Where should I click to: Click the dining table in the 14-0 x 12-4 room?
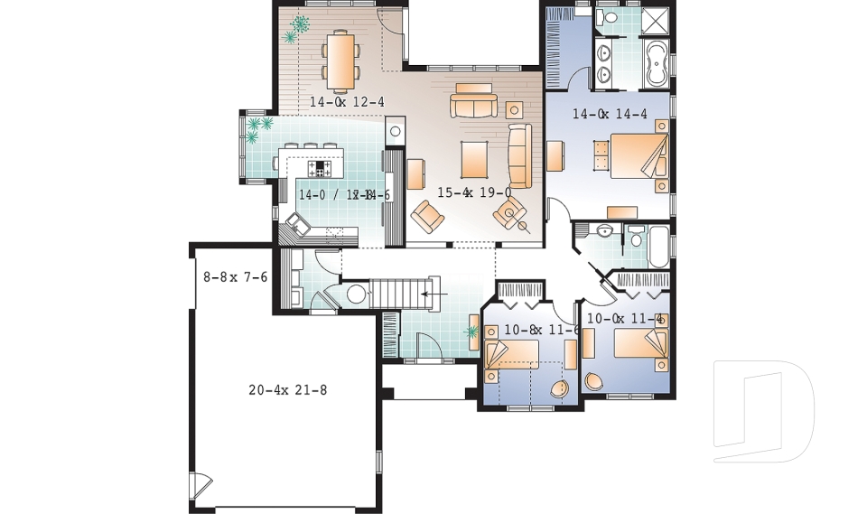[x=340, y=60]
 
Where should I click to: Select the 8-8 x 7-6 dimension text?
[x=235, y=277]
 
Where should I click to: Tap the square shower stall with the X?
[x=656, y=22]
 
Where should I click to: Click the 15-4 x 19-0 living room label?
[x=474, y=192]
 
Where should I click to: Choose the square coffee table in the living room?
[x=474, y=160]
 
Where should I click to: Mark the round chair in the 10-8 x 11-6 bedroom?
[x=560, y=388]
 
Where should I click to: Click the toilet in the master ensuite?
[x=606, y=17]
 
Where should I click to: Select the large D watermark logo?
[x=763, y=411]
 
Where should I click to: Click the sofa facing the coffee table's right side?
[x=520, y=155]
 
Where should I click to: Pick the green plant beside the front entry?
[x=471, y=332]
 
